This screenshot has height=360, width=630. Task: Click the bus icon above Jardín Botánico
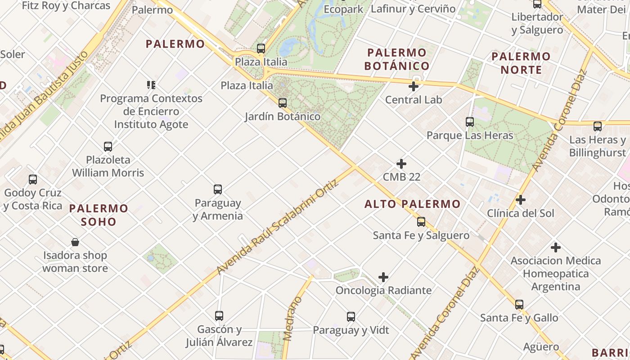pyautogui.click(x=283, y=103)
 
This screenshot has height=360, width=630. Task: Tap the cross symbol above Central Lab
pyautogui.click(x=414, y=86)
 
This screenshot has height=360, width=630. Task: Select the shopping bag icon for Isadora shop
pyautogui.click(x=75, y=242)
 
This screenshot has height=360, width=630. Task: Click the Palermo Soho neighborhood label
pyautogui.click(x=99, y=215)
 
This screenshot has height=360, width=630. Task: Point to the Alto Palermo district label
pyautogui.click(x=413, y=204)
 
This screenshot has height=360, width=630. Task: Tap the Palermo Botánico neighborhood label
pyautogui.click(x=396, y=59)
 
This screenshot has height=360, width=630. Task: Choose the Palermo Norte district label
pyautogui.click(x=521, y=63)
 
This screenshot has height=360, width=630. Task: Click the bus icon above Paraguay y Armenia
pyautogui.click(x=218, y=189)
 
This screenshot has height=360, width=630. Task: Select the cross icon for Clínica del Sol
pyautogui.click(x=521, y=200)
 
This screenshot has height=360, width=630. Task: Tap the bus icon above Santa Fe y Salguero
pyautogui.click(x=421, y=222)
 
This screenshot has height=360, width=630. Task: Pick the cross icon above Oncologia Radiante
pyautogui.click(x=383, y=277)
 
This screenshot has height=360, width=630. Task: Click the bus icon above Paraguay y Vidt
pyautogui.click(x=351, y=317)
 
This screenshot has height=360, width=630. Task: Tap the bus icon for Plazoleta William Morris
pyautogui.click(x=108, y=146)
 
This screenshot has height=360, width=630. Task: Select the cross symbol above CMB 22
pyautogui.click(x=401, y=164)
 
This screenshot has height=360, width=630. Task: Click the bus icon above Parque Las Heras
pyautogui.click(x=470, y=122)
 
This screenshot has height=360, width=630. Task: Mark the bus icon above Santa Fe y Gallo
pyautogui.click(x=519, y=305)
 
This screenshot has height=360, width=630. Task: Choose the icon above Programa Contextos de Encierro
pyautogui.click(x=151, y=85)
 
